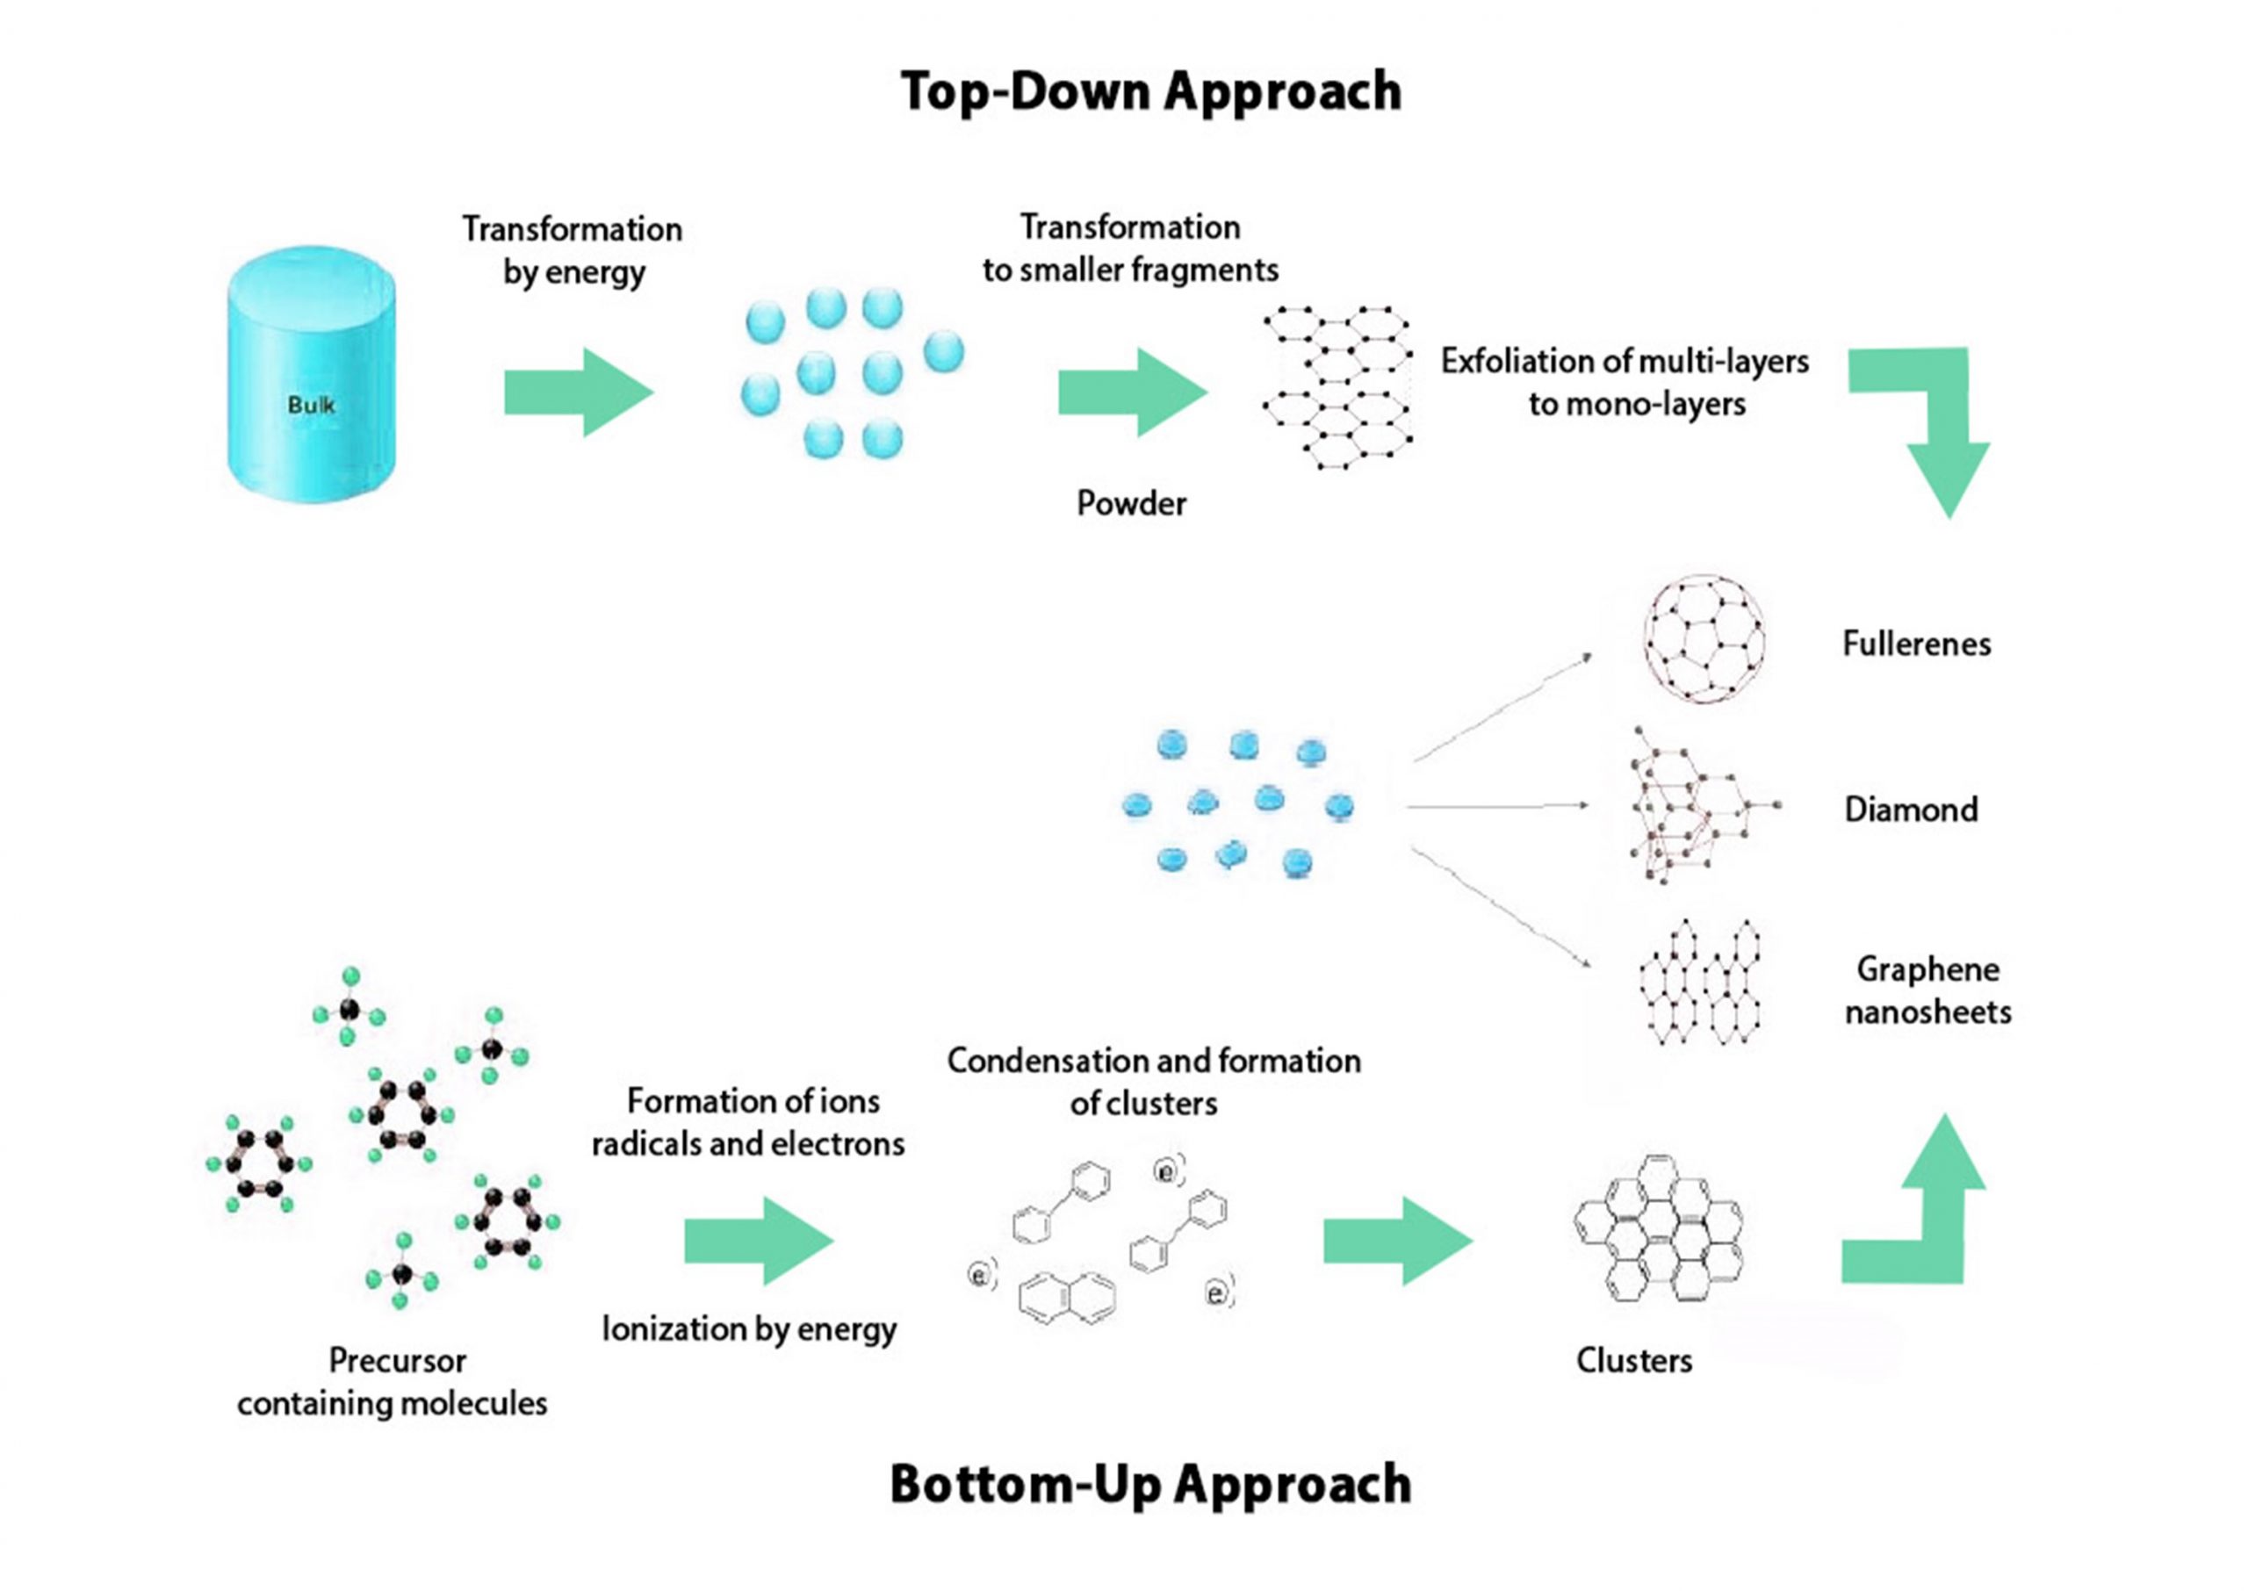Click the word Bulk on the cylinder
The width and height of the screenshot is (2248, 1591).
tap(311, 405)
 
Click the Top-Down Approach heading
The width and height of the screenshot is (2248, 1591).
tap(1151, 92)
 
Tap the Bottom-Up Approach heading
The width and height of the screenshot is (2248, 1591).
tap(1151, 1484)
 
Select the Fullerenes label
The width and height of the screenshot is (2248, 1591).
tap(1916, 644)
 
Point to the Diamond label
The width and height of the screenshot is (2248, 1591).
tap(1910, 810)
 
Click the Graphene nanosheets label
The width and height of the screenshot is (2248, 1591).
tap(1927, 990)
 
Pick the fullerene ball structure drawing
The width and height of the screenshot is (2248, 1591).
tap(1704, 640)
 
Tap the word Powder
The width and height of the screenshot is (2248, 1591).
tap(1131, 504)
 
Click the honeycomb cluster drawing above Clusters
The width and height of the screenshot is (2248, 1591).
tap(1658, 1228)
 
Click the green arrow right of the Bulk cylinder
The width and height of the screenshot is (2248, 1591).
tap(578, 392)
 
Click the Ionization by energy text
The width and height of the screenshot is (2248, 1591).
tap(749, 1328)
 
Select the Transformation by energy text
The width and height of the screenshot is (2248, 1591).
tap(573, 250)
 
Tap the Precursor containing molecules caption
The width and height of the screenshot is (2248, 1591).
tap(393, 1381)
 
